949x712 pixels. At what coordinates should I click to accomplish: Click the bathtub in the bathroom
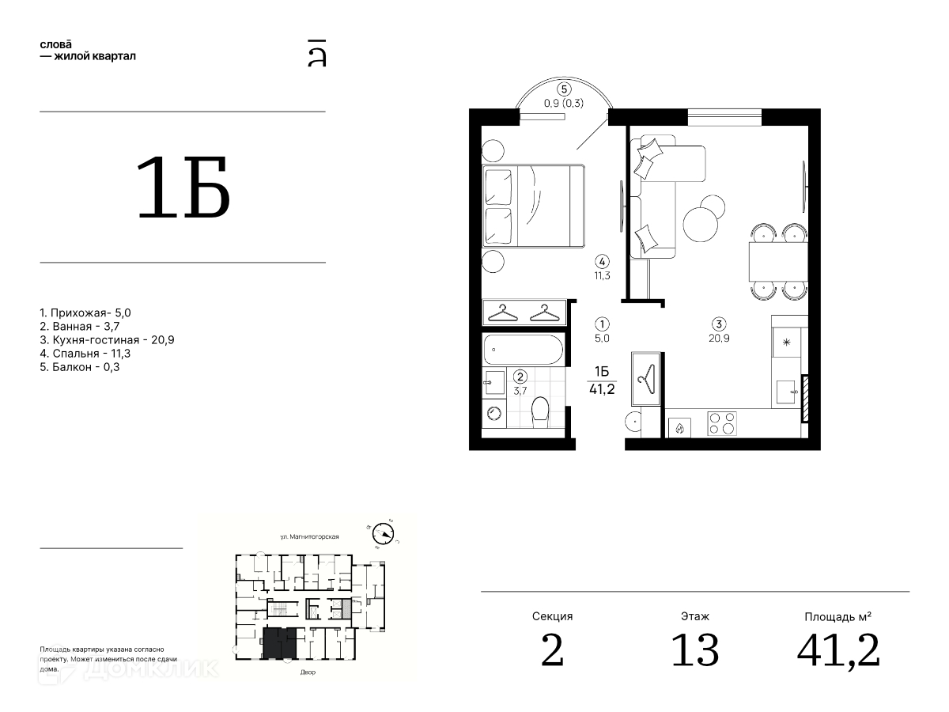[x=524, y=350]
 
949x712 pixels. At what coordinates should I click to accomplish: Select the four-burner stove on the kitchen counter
[x=721, y=423]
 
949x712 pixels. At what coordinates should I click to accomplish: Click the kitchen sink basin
[x=786, y=392]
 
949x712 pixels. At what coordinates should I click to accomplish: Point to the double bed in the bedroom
[x=534, y=206]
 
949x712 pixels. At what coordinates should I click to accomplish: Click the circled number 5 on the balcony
[x=564, y=89]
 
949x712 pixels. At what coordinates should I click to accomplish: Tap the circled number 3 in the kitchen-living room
[x=719, y=324]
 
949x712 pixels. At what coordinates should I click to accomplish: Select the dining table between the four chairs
[x=778, y=262]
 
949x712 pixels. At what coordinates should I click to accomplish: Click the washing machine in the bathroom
[x=493, y=414]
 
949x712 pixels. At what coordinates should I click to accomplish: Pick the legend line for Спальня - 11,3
[x=85, y=354]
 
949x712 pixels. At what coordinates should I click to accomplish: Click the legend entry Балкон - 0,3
[x=80, y=367]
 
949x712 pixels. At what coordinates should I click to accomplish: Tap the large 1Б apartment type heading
[x=183, y=187]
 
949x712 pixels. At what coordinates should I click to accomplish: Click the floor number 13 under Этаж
[x=695, y=650]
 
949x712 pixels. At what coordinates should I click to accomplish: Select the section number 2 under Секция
[x=552, y=650]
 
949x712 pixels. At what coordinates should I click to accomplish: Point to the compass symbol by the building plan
[x=383, y=534]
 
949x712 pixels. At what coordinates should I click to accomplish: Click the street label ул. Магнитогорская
[x=309, y=536]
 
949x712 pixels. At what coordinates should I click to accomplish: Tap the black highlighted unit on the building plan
[x=280, y=643]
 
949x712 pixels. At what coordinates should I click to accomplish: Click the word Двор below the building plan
[x=308, y=672]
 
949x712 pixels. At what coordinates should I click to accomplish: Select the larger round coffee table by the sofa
[x=701, y=225]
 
